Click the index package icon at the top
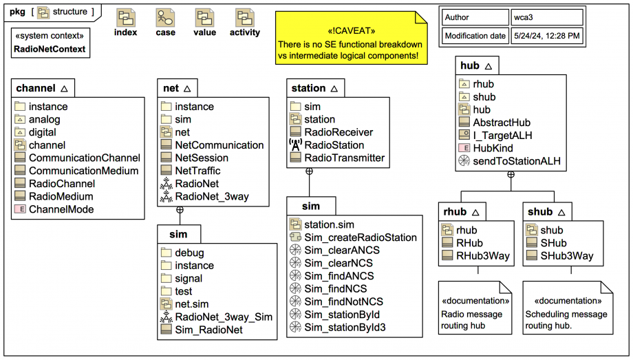[x=126, y=19]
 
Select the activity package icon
[x=244, y=19]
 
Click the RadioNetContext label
[x=50, y=49]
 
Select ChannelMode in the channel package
[x=61, y=209]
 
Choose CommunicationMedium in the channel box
[x=83, y=171]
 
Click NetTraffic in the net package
[x=197, y=171]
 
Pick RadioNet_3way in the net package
[x=211, y=197]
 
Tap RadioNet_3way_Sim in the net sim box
[x=224, y=317]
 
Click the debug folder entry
[x=189, y=253]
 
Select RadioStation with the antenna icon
[x=334, y=145]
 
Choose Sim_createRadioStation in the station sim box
[x=361, y=237]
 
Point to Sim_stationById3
[x=345, y=328]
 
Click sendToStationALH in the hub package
[x=517, y=162]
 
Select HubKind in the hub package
[x=493, y=149]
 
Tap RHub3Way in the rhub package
[x=482, y=256]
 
